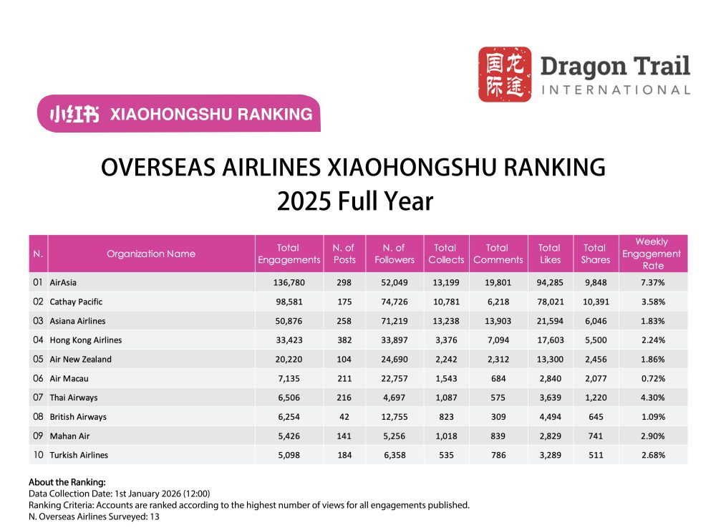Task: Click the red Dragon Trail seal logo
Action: [505, 75]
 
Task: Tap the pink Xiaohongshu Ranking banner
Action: [179, 114]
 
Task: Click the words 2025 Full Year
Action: [355, 201]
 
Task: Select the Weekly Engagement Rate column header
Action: [652, 254]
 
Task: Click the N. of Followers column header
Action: [395, 254]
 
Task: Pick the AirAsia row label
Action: [63, 282]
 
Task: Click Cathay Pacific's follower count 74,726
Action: [395, 302]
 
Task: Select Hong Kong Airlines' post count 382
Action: [344, 340]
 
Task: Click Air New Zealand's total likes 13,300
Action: [549, 359]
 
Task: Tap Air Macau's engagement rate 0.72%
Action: [652, 378]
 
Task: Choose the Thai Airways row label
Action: [74, 398]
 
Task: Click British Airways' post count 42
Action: [344, 416]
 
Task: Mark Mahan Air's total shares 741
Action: [595, 436]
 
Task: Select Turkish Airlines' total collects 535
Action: [445, 455]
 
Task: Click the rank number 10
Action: [38, 455]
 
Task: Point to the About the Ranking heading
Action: [67, 482]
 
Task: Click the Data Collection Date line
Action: [120, 494]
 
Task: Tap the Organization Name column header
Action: [151, 254]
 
